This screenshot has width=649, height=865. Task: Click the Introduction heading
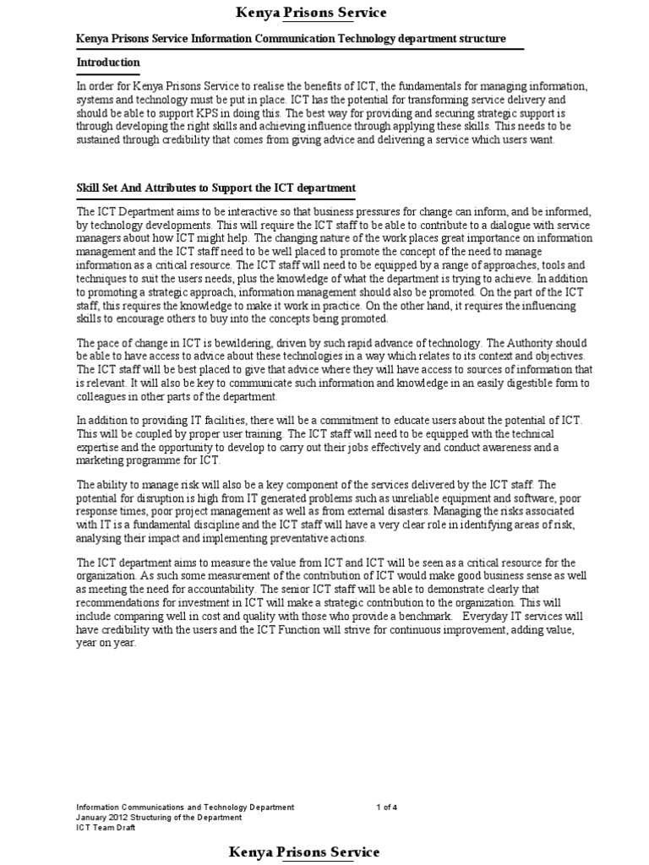108,63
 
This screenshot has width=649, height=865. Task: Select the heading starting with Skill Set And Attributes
216,187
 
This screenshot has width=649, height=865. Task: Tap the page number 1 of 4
386,808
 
